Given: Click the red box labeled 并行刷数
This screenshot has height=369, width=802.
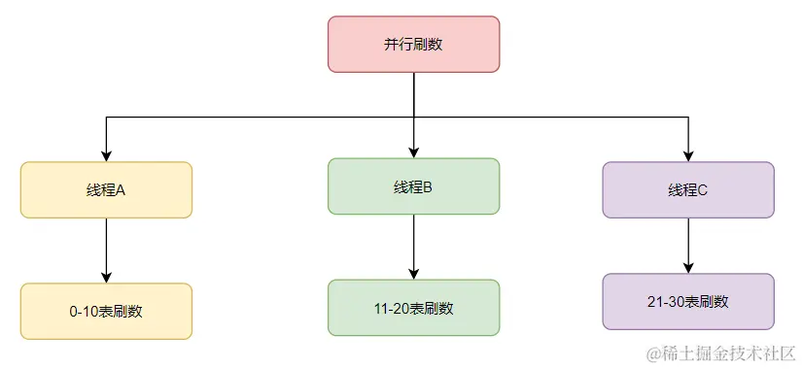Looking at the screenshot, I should pyautogui.click(x=413, y=44).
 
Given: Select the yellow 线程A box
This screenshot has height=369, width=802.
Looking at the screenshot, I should pyautogui.click(x=106, y=190).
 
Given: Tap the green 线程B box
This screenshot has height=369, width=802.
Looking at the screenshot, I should pyautogui.click(x=413, y=186).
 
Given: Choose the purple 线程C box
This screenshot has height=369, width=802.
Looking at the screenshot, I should pyautogui.click(x=688, y=190).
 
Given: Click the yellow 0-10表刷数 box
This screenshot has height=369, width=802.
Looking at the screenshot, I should pyautogui.click(x=106, y=312).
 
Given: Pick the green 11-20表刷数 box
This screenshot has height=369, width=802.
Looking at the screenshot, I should pyautogui.click(x=413, y=308).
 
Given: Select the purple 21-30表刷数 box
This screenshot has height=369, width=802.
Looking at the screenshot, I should pyautogui.click(x=688, y=302).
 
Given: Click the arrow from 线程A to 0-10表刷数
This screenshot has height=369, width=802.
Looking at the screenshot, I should pyautogui.click(x=106, y=251).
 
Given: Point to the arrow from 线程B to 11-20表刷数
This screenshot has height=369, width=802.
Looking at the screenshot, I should pyautogui.click(x=413, y=247).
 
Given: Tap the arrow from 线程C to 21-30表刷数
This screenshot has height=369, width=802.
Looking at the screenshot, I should pyautogui.click(x=688, y=245).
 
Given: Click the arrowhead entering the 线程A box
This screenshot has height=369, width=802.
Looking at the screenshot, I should pyautogui.click(x=106, y=155).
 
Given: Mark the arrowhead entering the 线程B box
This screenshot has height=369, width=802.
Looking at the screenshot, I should pyautogui.click(x=413, y=151).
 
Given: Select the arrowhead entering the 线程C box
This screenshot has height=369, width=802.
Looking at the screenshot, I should pyautogui.click(x=688, y=155).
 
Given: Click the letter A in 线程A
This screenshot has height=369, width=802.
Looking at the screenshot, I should pyautogui.click(x=122, y=190).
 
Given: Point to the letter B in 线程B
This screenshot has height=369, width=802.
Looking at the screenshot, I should pyautogui.click(x=428, y=186).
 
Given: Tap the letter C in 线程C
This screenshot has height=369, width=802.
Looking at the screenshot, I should pyautogui.click(x=703, y=190).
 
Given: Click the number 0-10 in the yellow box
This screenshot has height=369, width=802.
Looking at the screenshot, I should pyautogui.click(x=84, y=312).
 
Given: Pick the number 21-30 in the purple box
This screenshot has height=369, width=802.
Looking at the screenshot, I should pyautogui.click(x=665, y=302).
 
